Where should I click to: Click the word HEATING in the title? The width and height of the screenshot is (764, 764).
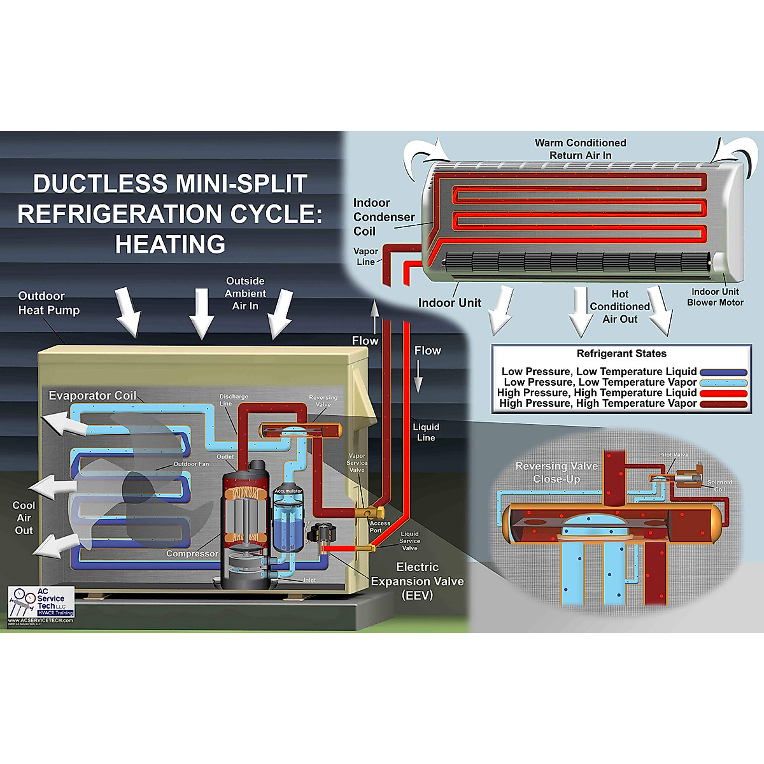point(170,244)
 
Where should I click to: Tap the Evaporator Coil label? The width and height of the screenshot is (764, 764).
point(92,395)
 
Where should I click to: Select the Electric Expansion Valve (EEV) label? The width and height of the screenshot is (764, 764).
point(417,581)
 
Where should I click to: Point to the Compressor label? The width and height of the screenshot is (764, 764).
point(192,553)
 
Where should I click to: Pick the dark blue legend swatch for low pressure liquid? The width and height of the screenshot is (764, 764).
point(723,372)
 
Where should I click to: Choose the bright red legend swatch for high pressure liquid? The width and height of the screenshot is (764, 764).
point(723,393)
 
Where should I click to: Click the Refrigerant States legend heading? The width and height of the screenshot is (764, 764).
point(621,354)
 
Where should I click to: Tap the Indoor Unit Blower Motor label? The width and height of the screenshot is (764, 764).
point(715,297)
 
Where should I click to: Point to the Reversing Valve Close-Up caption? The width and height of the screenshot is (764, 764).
point(556,472)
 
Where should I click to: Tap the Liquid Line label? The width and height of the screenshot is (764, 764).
point(426,432)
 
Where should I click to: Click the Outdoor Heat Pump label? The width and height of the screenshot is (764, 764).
point(49,303)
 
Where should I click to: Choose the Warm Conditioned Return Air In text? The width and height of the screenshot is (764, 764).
point(580,149)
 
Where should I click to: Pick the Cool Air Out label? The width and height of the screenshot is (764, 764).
point(24,518)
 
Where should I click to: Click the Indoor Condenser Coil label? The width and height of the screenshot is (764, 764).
point(383,217)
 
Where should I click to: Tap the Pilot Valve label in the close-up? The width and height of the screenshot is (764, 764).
point(674,455)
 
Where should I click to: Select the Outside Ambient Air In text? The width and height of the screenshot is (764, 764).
point(245,294)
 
